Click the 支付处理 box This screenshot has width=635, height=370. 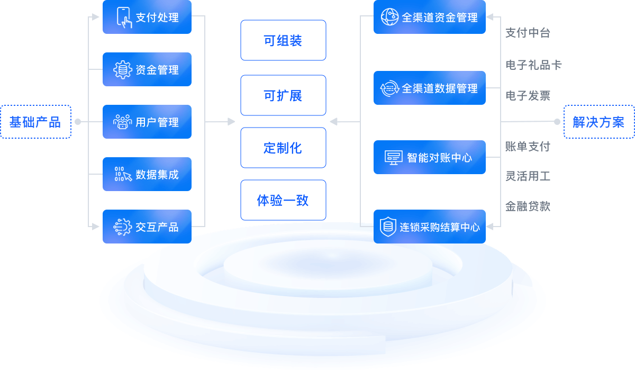pos(147,17)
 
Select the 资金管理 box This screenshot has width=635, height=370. pos(147,69)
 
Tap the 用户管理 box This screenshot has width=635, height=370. pos(147,122)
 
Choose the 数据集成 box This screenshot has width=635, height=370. pos(147,174)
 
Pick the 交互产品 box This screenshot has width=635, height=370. pos(147,227)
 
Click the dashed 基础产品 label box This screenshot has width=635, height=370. pos(35,122)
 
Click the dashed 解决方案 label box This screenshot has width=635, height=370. pos(598,122)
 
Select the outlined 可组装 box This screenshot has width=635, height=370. pos(283,41)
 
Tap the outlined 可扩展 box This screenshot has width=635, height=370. pos(283,95)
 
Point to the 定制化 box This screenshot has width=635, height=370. pos(283,148)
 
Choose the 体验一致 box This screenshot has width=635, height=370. pos(283,200)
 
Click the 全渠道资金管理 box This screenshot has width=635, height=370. pos(429,17)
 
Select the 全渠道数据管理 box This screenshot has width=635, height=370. pos(429,88)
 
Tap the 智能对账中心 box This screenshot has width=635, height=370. pos(429,157)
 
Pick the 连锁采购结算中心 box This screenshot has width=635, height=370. pos(429,227)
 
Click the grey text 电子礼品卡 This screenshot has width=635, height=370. pos(533,65)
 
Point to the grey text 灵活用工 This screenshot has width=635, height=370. pos(528,176)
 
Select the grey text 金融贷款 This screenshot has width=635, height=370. pos(528,206)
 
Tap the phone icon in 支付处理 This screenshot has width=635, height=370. pos(124,17)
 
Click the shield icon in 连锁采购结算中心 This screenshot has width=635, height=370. pos(388,227)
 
